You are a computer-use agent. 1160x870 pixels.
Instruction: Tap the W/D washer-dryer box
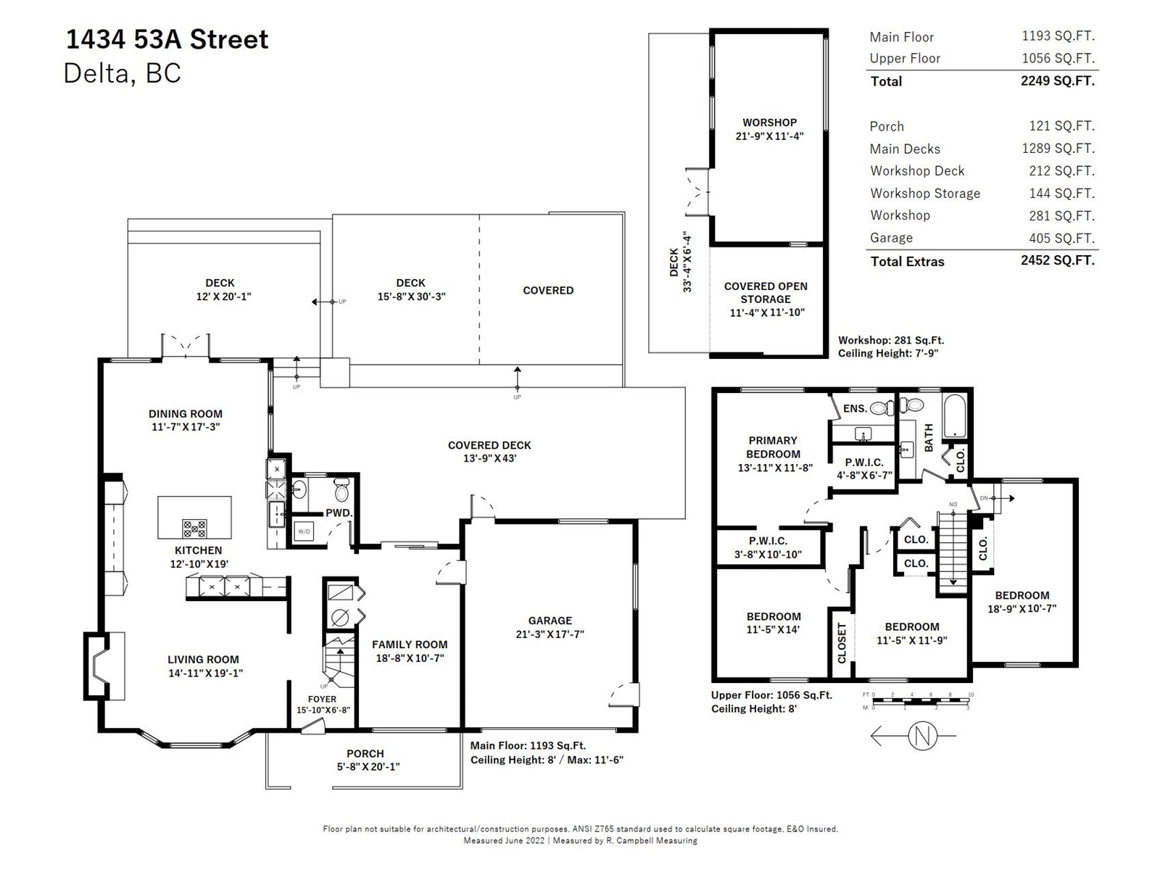point(304,531)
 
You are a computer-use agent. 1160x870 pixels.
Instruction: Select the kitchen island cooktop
point(194,528)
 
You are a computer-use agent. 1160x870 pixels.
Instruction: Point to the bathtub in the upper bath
point(954,416)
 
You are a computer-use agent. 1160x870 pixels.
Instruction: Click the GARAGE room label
point(550,620)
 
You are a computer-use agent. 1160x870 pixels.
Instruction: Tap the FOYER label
point(323,699)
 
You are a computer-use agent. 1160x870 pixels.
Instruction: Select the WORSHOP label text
point(769,122)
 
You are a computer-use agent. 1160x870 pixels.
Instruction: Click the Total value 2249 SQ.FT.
point(1058,80)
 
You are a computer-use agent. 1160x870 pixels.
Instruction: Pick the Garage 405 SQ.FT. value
point(1061,238)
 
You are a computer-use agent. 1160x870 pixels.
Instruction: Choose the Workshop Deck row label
point(917,170)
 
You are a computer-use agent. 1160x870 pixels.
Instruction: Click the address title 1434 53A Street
point(167,40)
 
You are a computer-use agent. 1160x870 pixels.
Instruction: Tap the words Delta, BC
point(122,73)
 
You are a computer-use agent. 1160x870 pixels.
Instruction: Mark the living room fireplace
point(104,666)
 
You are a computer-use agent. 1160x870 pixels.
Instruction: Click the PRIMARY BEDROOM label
point(773,447)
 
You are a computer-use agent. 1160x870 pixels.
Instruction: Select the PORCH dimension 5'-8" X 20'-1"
point(368,766)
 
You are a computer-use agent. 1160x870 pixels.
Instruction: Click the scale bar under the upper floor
point(921,701)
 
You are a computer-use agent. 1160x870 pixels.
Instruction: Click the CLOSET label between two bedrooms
point(842,643)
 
